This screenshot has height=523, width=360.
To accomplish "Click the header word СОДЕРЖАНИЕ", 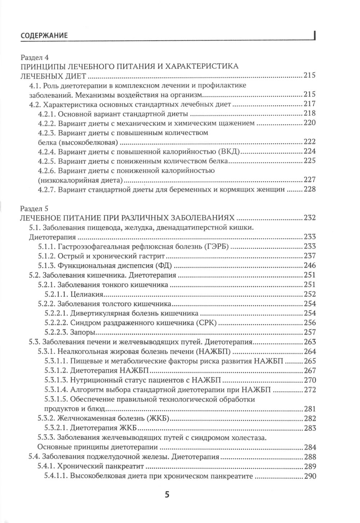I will coord(45,36).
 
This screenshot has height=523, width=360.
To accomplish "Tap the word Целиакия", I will coord(88,294).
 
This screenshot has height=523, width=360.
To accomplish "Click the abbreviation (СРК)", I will coord(205,323).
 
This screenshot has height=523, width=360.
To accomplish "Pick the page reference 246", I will coord(310,265).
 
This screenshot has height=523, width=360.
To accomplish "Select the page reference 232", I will coord(310,218).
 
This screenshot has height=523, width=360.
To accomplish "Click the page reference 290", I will coord(310,477).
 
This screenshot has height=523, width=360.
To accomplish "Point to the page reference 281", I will coord(310,409).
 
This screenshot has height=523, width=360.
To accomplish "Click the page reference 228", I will coord(310,189).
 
